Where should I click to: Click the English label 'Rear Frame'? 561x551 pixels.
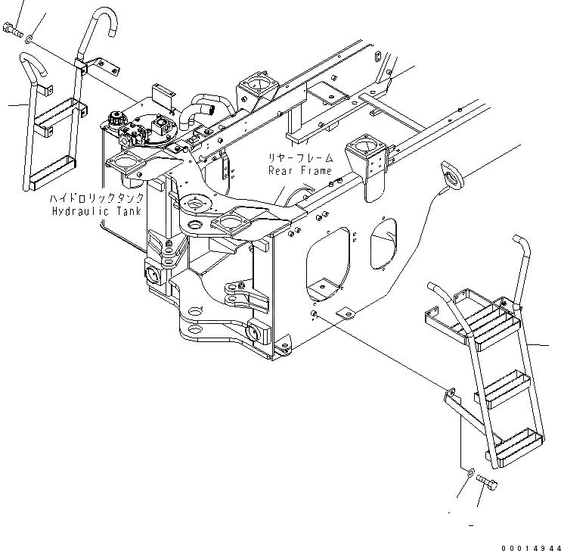pyautogui.click(x=300, y=170)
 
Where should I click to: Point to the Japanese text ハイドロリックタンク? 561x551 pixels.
pyautogui.click(x=94, y=198)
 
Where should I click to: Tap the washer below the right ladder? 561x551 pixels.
pyautogui.click(x=470, y=473)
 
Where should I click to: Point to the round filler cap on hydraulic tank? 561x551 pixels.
pyautogui.click(x=116, y=120)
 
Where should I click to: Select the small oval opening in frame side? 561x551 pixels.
pyautogui.click(x=382, y=244)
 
